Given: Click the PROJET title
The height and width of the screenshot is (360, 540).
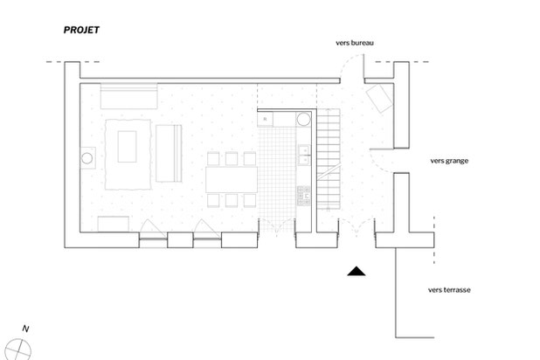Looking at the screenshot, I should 81,30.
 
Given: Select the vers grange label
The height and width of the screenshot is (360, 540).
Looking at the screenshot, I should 450,161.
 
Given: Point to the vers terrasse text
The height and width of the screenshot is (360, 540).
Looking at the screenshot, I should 450,289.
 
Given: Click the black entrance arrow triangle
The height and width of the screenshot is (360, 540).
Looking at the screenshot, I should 355,273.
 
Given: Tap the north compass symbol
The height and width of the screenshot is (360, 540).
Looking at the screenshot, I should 24,348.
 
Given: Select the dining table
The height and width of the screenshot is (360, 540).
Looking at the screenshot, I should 232,179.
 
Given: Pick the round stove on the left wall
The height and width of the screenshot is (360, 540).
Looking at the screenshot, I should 87,158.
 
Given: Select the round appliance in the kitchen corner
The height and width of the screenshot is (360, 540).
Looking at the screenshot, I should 304,119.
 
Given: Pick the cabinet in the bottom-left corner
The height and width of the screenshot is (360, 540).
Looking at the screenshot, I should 114,224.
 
